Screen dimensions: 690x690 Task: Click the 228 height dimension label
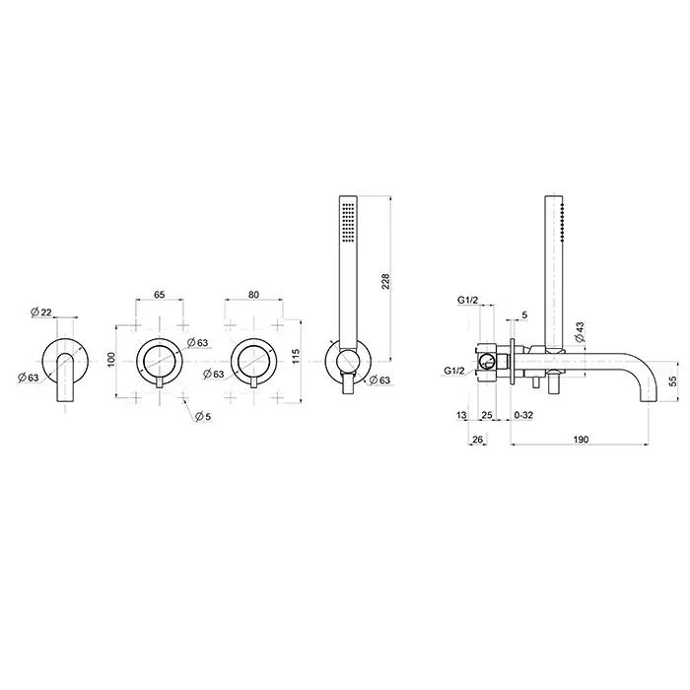coord(385,282)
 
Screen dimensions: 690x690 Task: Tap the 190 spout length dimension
coord(581,440)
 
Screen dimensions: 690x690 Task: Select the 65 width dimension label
coord(160,295)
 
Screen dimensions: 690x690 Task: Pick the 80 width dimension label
coord(253,295)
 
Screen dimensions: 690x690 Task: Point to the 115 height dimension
coord(296,356)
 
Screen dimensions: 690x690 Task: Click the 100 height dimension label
coord(110,360)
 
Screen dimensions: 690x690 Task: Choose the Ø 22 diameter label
coord(41,312)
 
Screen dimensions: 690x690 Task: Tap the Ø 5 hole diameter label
coord(203,416)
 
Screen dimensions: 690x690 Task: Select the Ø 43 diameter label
coord(580,332)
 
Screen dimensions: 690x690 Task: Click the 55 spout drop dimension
coord(673,381)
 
